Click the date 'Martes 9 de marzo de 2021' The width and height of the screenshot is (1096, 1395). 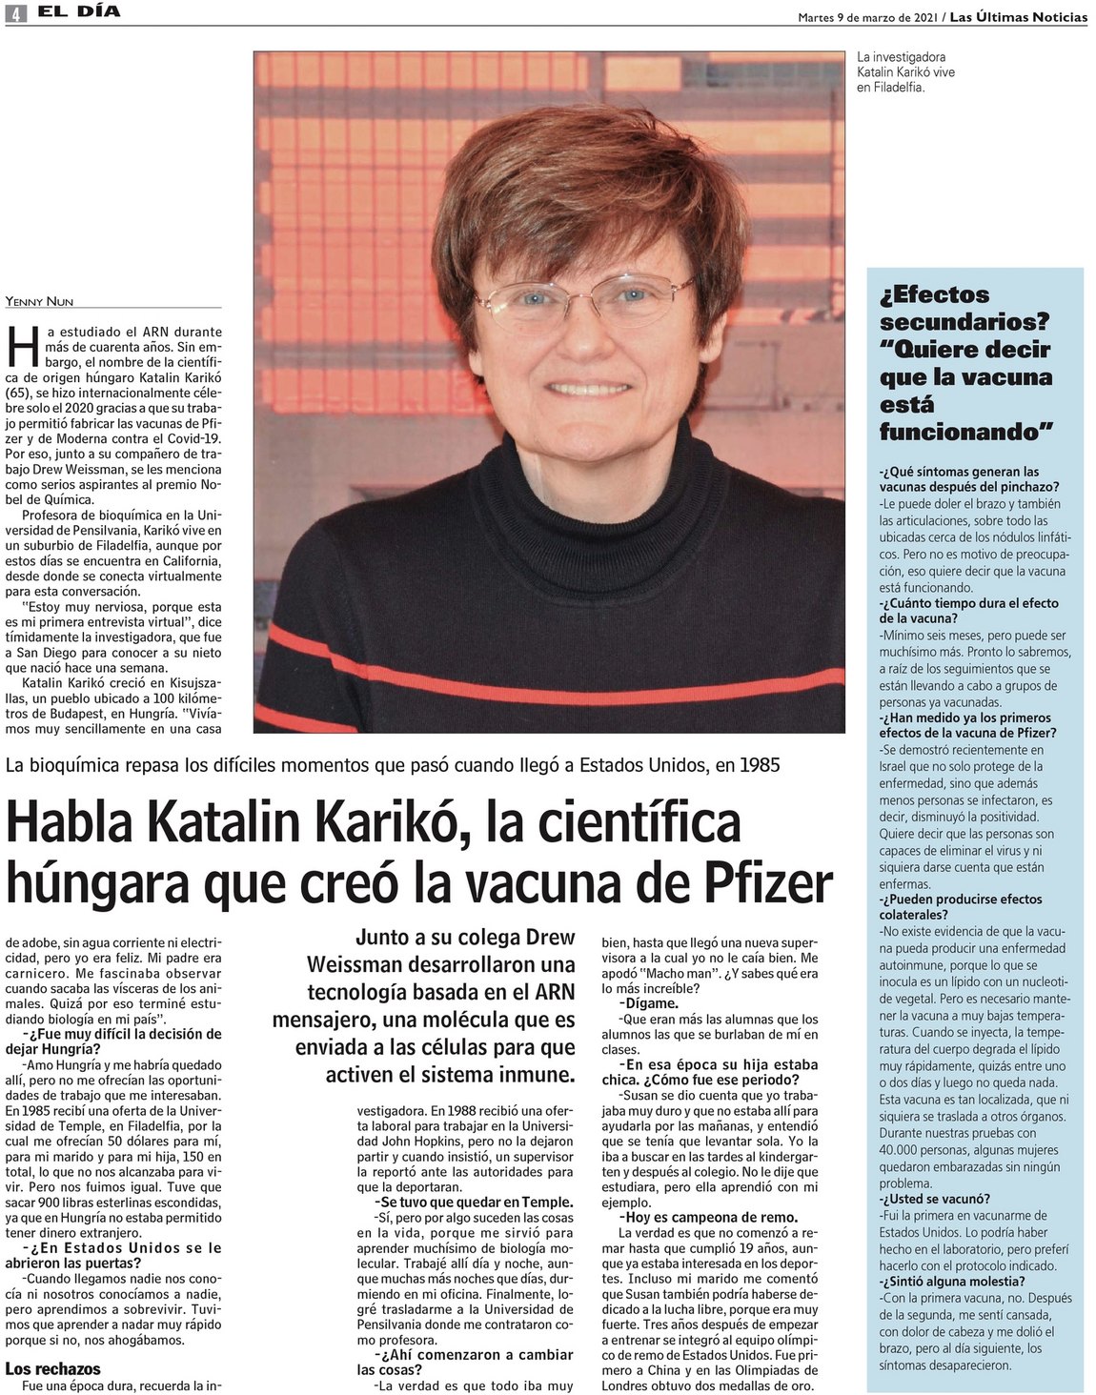(868, 16)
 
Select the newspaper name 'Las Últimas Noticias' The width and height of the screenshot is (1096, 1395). (1019, 16)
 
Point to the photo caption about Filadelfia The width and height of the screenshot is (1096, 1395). (904, 72)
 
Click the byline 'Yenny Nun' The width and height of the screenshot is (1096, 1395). (39, 301)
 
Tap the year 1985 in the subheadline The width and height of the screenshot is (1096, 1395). (759, 764)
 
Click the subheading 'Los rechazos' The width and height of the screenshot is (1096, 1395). (52, 1368)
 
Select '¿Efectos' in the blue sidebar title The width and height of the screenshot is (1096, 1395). (934, 294)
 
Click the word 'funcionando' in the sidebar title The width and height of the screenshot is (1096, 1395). (962, 432)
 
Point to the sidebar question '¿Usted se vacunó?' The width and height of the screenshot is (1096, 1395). (934, 1199)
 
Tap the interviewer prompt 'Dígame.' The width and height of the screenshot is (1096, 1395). (649, 1002)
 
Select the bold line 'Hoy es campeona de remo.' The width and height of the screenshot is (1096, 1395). (708, 1217)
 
